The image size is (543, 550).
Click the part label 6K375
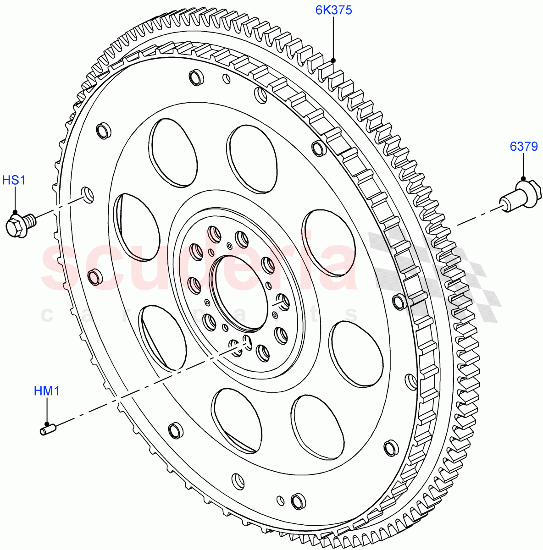(x=333, y=10)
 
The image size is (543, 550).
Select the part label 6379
(x=523, y=147)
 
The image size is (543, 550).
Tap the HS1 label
(x=14, y=180)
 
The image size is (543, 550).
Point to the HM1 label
(x=46, y=391)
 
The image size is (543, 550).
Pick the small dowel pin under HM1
(x=48, y=429)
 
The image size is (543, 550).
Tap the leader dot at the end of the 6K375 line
(x=333, y=60)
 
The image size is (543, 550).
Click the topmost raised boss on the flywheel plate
(x=197, y=77)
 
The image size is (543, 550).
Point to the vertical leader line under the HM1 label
(x=46, y=410)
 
